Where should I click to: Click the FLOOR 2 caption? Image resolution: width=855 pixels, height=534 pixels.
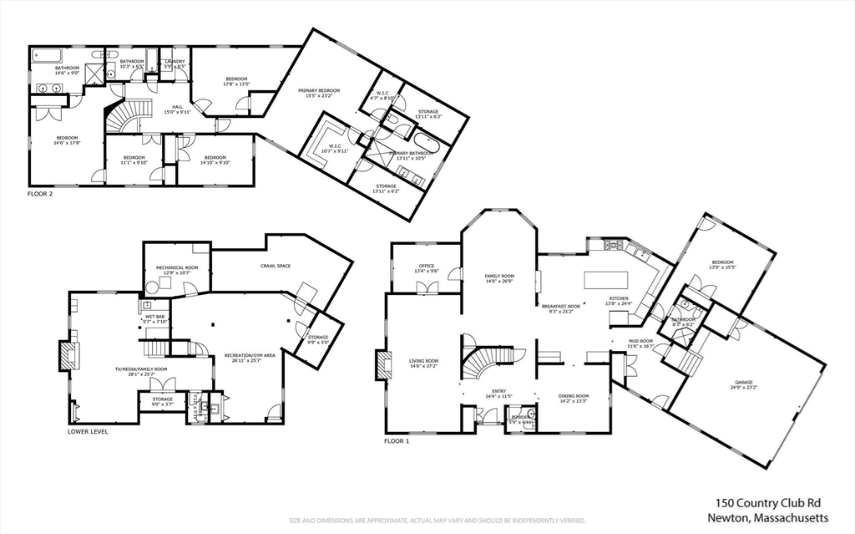point(39,193)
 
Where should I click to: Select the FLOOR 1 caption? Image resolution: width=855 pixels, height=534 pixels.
point(397,440)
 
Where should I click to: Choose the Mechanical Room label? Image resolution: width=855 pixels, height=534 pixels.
point(175,270)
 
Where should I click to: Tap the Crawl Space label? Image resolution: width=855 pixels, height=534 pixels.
point(275,266)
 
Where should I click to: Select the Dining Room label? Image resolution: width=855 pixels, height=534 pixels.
point(574,398)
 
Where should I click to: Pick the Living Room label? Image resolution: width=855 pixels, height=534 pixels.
point(424,364)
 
